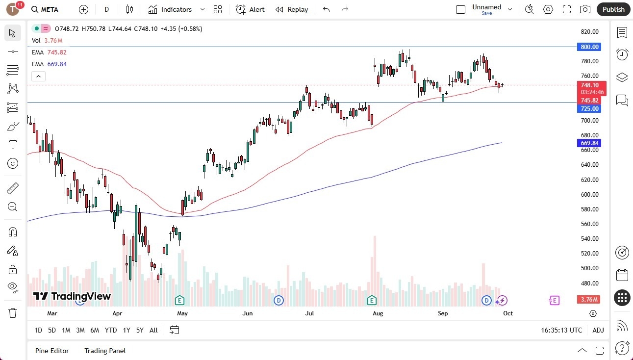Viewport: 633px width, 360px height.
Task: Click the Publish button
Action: click(613, 9)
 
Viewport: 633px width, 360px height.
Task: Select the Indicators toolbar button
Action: click(170, 9)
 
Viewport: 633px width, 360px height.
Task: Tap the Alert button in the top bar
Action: click(250, 9)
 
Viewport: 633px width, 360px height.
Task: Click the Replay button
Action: click(292, 9)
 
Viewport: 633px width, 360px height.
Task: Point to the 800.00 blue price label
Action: click(589, 47)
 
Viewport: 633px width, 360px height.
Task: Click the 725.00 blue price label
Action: click(589, 109)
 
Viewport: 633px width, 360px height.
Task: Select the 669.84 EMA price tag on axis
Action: click(589, 143)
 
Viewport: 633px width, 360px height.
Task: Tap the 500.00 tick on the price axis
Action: click(589, 268)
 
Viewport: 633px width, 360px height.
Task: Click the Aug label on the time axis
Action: click(378, 313)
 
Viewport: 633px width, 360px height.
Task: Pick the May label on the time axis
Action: click(182, 313)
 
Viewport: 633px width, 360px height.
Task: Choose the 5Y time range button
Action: click(140, 330)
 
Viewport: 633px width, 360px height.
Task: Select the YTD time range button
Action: click(111, 330)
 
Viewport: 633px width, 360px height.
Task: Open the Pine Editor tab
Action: click(52, 351)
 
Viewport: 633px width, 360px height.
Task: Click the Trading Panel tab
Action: click(105, 351)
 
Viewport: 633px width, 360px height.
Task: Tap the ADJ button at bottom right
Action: click(598, 330)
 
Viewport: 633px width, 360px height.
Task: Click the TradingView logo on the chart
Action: click(72, 296)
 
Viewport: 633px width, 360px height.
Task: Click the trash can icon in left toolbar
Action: click(13, 312)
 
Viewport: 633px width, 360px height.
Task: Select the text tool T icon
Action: click(13, 145)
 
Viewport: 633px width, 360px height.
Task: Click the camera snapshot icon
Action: click(585, 9)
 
